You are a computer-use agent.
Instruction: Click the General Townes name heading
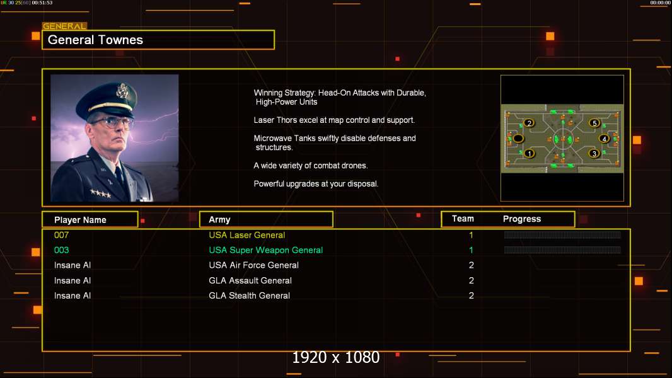pos(96,40)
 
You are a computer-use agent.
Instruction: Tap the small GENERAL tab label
pos(64,26)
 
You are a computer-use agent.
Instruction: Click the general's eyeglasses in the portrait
pos(111,121)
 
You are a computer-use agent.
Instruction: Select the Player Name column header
pos(80,220)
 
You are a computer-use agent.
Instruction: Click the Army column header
pos(219,220)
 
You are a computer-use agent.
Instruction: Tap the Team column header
pos(463,219)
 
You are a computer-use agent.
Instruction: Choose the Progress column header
pos(522,219)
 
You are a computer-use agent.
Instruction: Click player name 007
pos(61,235)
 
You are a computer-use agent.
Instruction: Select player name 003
pos(61,250)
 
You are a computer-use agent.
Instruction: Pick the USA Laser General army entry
pos(247,235)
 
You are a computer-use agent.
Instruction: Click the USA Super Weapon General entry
pos(265,250)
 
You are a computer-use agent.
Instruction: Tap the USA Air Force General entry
pos(253,265)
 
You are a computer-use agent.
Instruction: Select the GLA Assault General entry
pos(250,280)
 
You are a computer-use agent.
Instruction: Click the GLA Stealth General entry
pos(250,295)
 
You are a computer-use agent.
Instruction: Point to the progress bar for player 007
pos(562,235)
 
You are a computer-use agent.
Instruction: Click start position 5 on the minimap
pos(594,123)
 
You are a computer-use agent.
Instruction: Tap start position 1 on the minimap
pos(530,153)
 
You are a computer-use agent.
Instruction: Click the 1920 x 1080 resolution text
pos(336,357)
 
